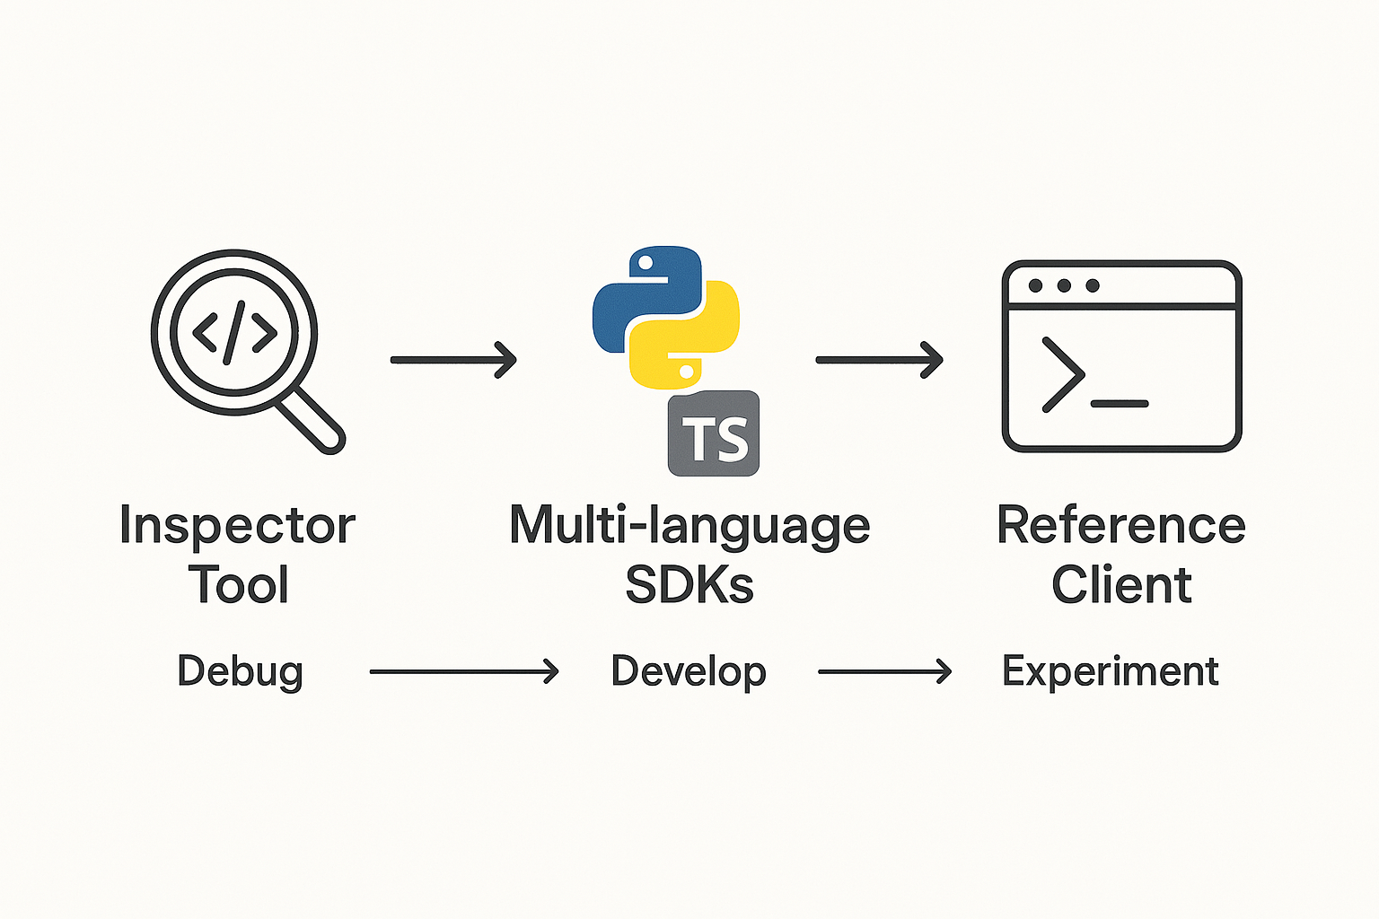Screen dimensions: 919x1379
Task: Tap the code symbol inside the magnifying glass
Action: click(x=235, y=333)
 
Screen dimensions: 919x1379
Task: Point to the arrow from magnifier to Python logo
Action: click(x=453, y=360)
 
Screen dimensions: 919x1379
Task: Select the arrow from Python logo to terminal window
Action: click(x=879, y=360)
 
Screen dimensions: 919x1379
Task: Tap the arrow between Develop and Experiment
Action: click(x=884, y=671)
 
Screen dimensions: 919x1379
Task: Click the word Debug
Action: click(x=240, y=671)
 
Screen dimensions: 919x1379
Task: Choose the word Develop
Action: click(x=689, y=671)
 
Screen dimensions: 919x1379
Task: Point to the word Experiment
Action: click(x=1110, y=671)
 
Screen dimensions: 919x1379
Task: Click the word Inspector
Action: click(x=237, y=526)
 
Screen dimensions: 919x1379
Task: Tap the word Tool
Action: click(x=239, y=585)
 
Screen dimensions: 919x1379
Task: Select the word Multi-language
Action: click(x=689, y=526)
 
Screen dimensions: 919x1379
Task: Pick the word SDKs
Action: click(x=689, y=585)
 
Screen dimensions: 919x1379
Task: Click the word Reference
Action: click(x=1120, y=526)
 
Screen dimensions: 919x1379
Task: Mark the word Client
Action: click(x=1121, y=585)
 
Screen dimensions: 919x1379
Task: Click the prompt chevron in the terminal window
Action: click(x=1063, y=374)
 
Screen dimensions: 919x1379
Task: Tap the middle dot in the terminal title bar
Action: click(x=1064, y=285)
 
